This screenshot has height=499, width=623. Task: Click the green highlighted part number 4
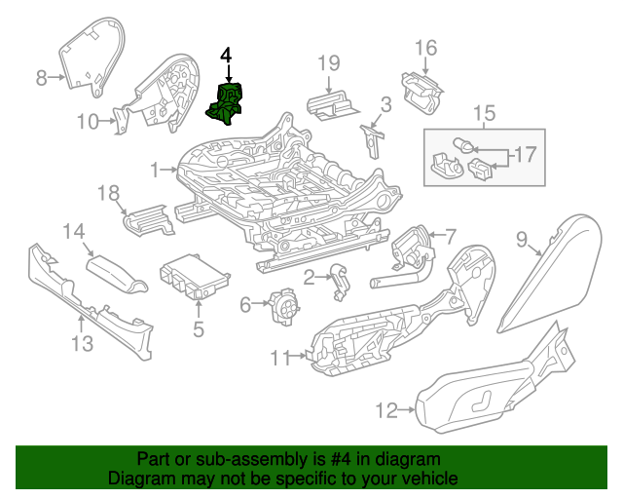tap(226, 105)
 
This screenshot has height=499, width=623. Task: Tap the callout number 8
tap(42, 78)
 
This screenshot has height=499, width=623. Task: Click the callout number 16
tap(426, 48)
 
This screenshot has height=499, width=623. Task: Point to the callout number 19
tap(329, 63)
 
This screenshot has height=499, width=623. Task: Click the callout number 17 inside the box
tap(525, 154)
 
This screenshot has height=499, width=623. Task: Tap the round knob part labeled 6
tap(284, 308)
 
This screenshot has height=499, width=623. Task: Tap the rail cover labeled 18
tap(148, 219)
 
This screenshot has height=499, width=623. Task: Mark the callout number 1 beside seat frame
tap(155, 171)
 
